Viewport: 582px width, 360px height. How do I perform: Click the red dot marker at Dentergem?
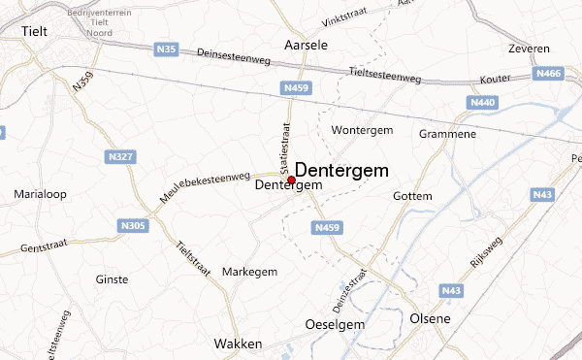click(x=291, y=180)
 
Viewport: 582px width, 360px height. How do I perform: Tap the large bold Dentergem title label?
click(x=341, y=170)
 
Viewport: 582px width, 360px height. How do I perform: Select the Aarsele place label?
click(x=306, y=46)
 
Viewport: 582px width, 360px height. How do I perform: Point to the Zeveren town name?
click(x=529, y=49)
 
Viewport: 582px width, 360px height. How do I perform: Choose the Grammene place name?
click(x=447, y=133)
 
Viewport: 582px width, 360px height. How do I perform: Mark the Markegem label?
click(x=249, y=271)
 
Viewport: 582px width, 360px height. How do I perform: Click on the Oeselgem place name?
click(x=335, y=323)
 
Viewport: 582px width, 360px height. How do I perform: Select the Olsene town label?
click(x=430, y=319)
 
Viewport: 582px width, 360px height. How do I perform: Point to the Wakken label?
click(x=234, y=344)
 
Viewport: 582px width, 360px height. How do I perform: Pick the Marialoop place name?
click(x=40, y=194)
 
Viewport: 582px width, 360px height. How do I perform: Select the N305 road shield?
click(x=133, y=226)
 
